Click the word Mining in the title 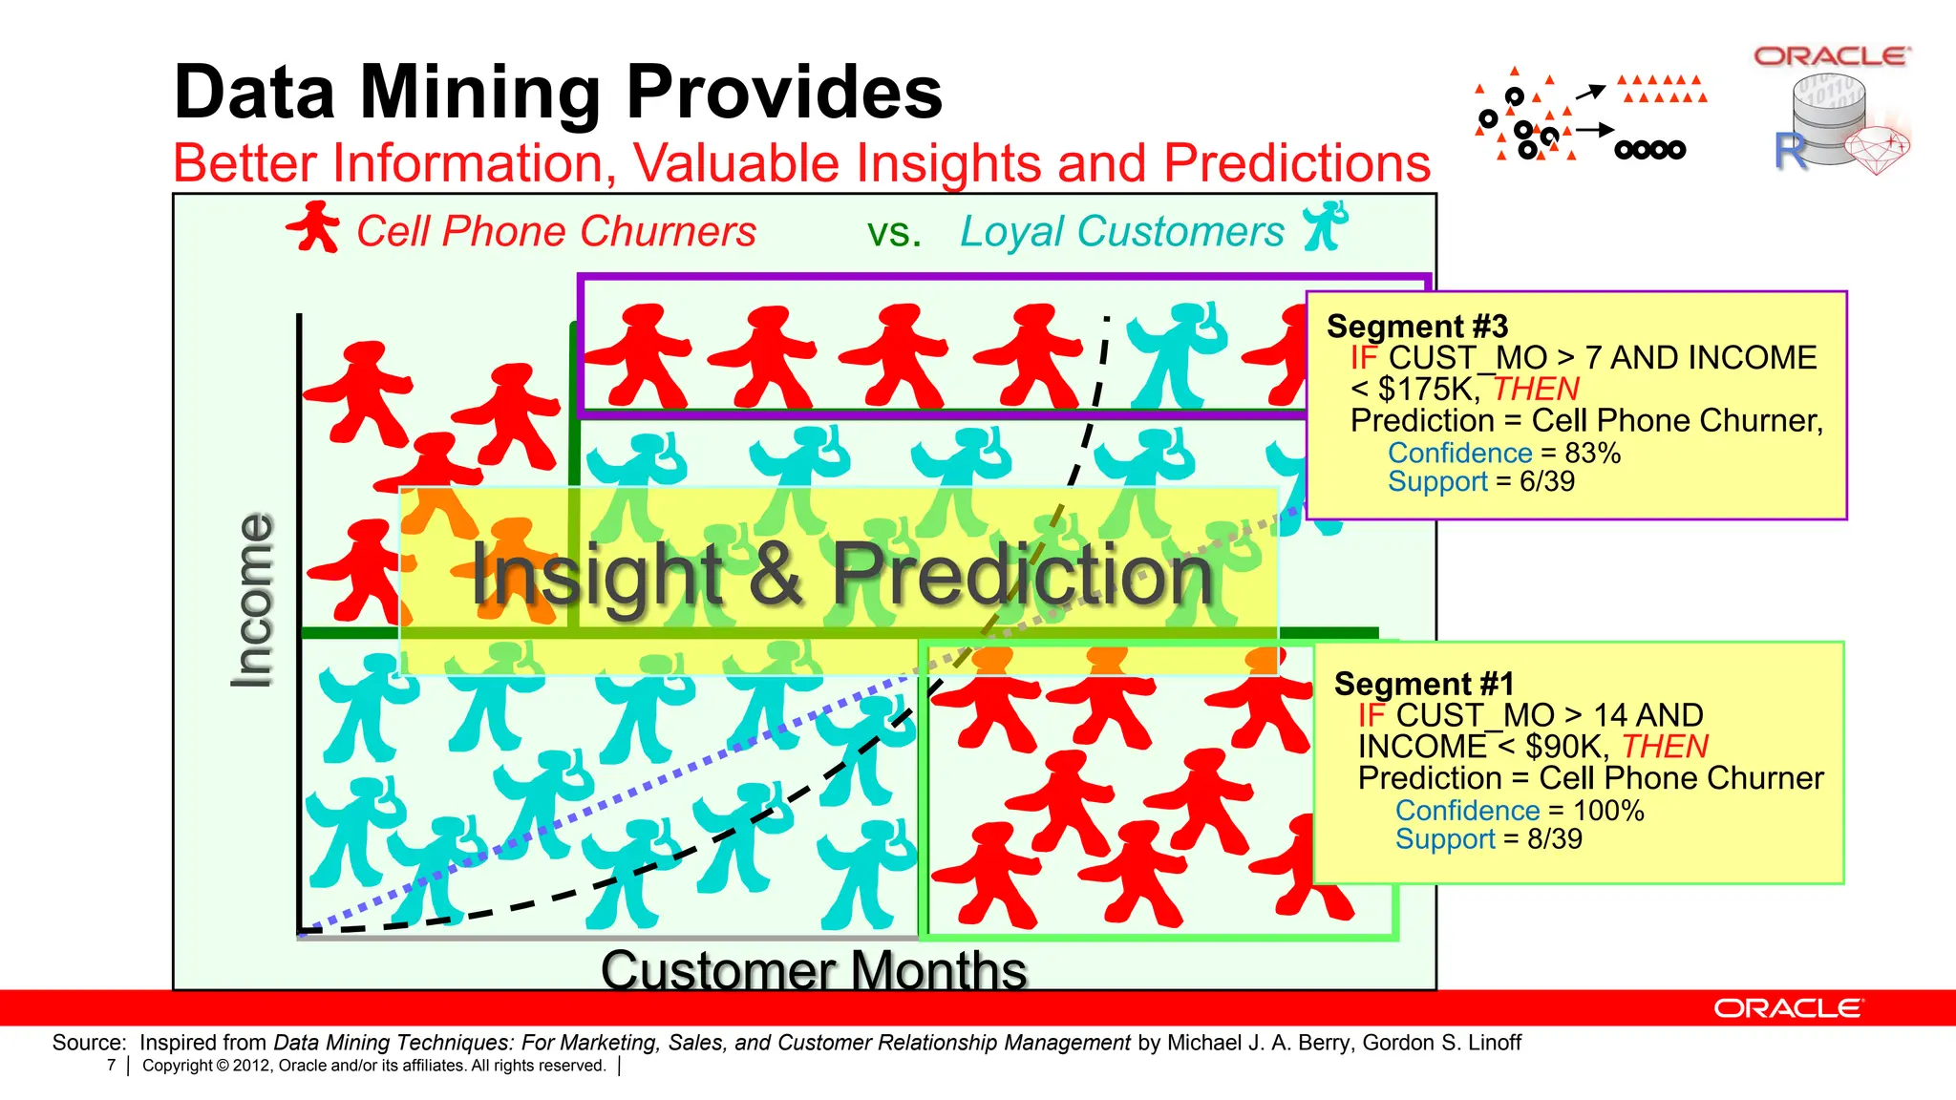point(479,94)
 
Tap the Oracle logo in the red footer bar point(1787,1008)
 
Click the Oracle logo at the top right point(1832,56)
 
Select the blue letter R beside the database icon point(1790,152)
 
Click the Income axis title point(253,600)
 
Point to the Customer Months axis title point(814,970)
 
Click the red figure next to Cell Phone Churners point(313,227)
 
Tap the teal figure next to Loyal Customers point(1326,226)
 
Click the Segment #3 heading point(1417,327)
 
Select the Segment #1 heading point(1424,684)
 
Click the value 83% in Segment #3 point(1592,453)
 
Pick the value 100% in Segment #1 point(1608,811)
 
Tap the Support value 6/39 point(1546,481)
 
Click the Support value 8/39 point(1554,839)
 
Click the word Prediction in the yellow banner point(1022,575)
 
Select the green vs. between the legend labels point(894,232)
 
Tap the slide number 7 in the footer point(111,1066)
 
